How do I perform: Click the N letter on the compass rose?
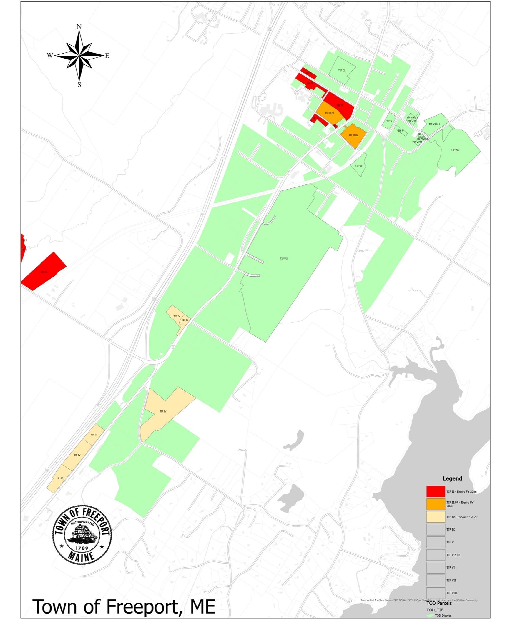pos(79,27)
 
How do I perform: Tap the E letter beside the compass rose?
pos(107,56)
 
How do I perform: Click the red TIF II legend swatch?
pos(436,491)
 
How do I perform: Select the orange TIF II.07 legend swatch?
pos(436,504)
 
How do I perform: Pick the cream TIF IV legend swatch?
pos(436,517)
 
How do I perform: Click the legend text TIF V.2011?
pos(453,555)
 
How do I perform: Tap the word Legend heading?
pos(452,478)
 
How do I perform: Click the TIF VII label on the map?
pos(284,259)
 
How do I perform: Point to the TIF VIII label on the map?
pos(455,150)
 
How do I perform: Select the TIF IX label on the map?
pos(341,71)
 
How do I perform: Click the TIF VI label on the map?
pos(358,166)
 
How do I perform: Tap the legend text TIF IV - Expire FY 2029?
pos(461,517)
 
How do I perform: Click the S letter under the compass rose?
pos(79,85)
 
